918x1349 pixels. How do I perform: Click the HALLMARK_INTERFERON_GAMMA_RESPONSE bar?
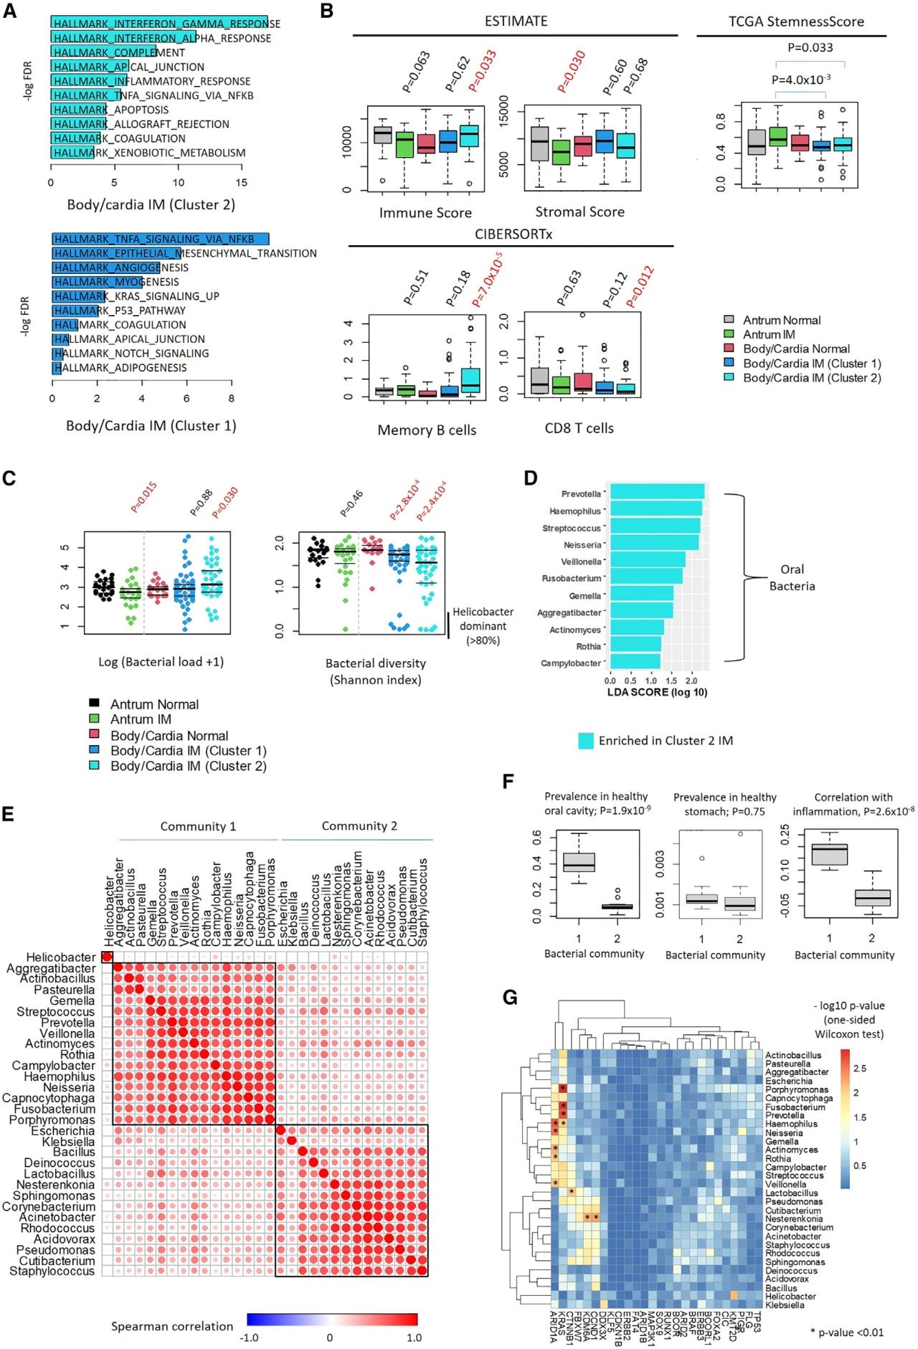click(158, 24)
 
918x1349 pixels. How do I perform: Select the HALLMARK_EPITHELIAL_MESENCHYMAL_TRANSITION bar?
click(115, 253)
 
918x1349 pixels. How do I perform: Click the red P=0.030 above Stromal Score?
click(571, 71)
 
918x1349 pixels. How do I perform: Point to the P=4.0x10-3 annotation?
click(801, 80)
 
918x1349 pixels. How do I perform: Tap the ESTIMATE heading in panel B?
click(516, 22)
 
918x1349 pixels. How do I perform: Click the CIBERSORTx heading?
click(514, 235)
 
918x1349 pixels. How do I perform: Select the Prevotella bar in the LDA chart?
click(655, 493)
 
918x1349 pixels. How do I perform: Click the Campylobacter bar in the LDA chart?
click(634, 662)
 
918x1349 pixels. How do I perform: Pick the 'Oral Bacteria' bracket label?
click(792, 577)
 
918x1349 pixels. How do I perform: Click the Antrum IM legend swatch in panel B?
click(729, 334)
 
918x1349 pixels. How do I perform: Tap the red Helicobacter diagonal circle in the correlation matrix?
click(107, 957)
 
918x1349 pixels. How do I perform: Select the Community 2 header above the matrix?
click(359, 826)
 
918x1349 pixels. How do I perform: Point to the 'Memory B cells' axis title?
click(427, 430)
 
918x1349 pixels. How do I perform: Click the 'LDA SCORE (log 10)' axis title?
click(657, 692)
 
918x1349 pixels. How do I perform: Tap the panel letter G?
click(510, 997)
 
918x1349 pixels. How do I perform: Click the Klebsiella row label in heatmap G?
click(785, 1305)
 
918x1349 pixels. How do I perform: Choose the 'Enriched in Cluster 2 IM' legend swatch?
click(586, 741)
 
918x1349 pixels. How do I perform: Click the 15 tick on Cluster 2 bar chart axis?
click(241, 183)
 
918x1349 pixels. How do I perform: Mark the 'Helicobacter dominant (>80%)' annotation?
click(483, 625)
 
